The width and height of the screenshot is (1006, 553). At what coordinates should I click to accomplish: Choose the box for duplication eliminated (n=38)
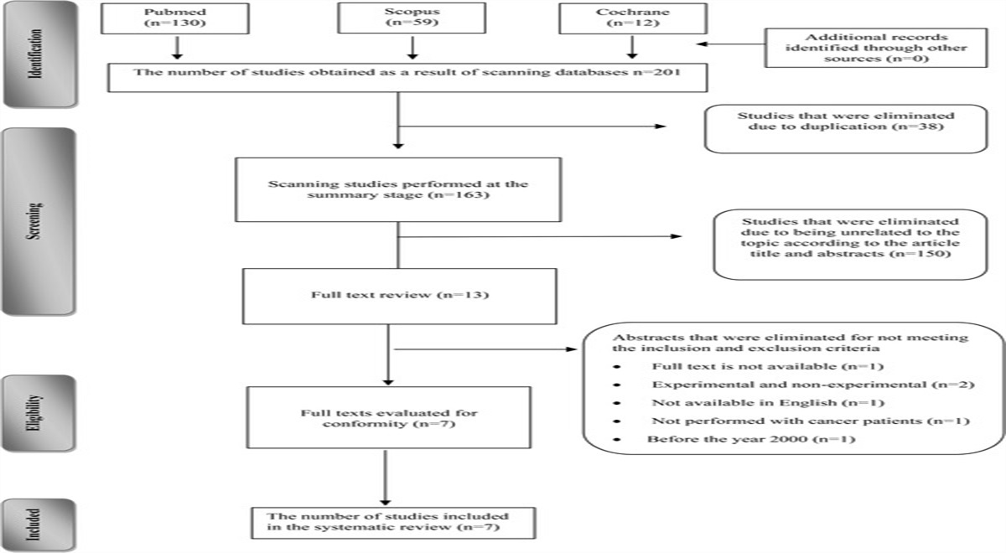point(845,128)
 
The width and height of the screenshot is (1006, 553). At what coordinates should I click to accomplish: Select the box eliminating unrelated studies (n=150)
point(848,243)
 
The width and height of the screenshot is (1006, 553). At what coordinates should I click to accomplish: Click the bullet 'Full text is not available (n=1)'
point(754,368)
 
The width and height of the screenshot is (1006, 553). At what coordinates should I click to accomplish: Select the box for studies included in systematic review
point(392,520)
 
